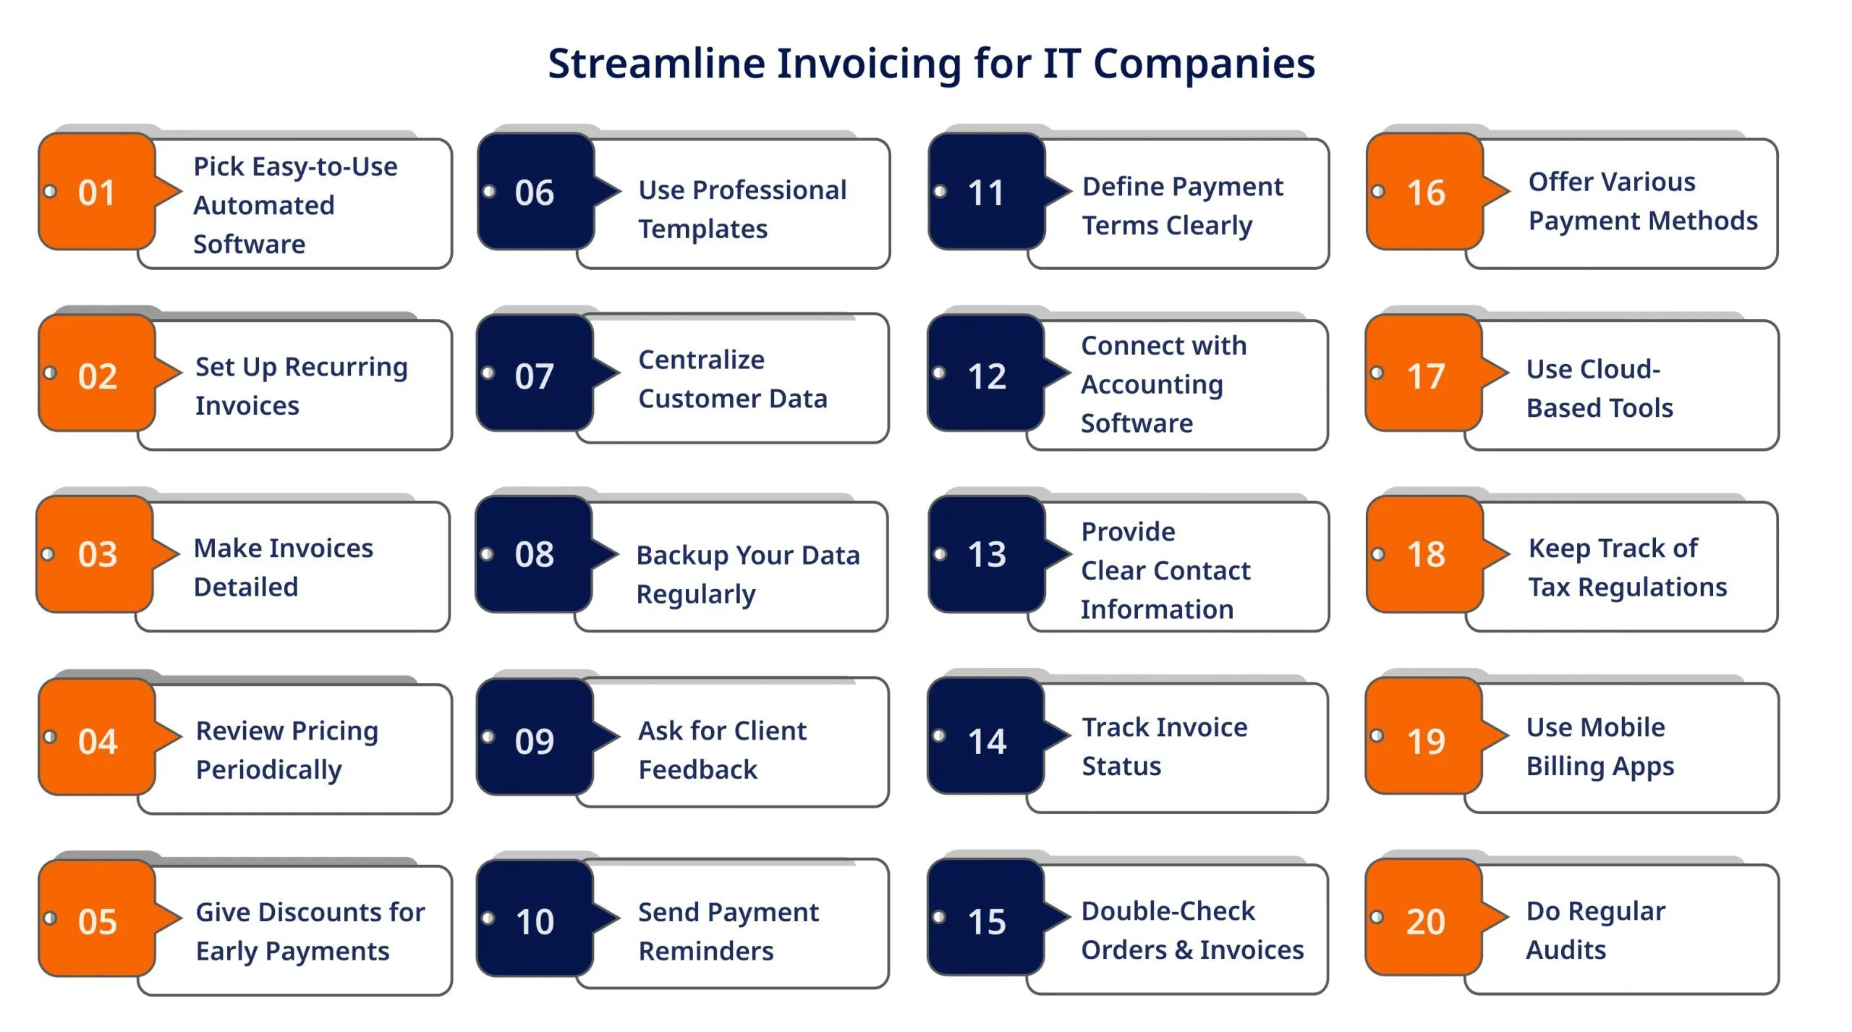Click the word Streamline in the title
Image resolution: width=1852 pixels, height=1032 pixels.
point(656,64)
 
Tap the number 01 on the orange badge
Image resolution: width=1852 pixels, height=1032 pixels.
point(96,193)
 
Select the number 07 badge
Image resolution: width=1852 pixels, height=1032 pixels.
point(535,373)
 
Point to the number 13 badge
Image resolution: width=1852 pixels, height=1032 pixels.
point(987,554)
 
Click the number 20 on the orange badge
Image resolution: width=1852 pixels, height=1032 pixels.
point(1425,921)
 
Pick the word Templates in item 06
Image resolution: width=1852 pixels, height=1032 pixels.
point(702,229)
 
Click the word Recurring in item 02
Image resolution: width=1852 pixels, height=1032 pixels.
point(346,368)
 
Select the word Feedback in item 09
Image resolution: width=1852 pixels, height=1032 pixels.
point(697,769)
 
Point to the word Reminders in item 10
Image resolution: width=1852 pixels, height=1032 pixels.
point(705,951)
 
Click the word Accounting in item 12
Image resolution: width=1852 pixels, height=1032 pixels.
point(1152,385)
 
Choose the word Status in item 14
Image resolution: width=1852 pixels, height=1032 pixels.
point(1121,766)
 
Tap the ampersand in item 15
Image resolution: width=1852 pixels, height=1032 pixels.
point(1184,949)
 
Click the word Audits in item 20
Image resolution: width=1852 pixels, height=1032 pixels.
point(1566,949)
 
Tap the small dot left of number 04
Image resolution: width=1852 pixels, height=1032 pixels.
point(50,737)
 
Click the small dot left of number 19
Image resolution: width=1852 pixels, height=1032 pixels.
point(1377,735)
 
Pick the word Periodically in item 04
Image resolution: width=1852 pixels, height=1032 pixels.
point(268,770)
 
